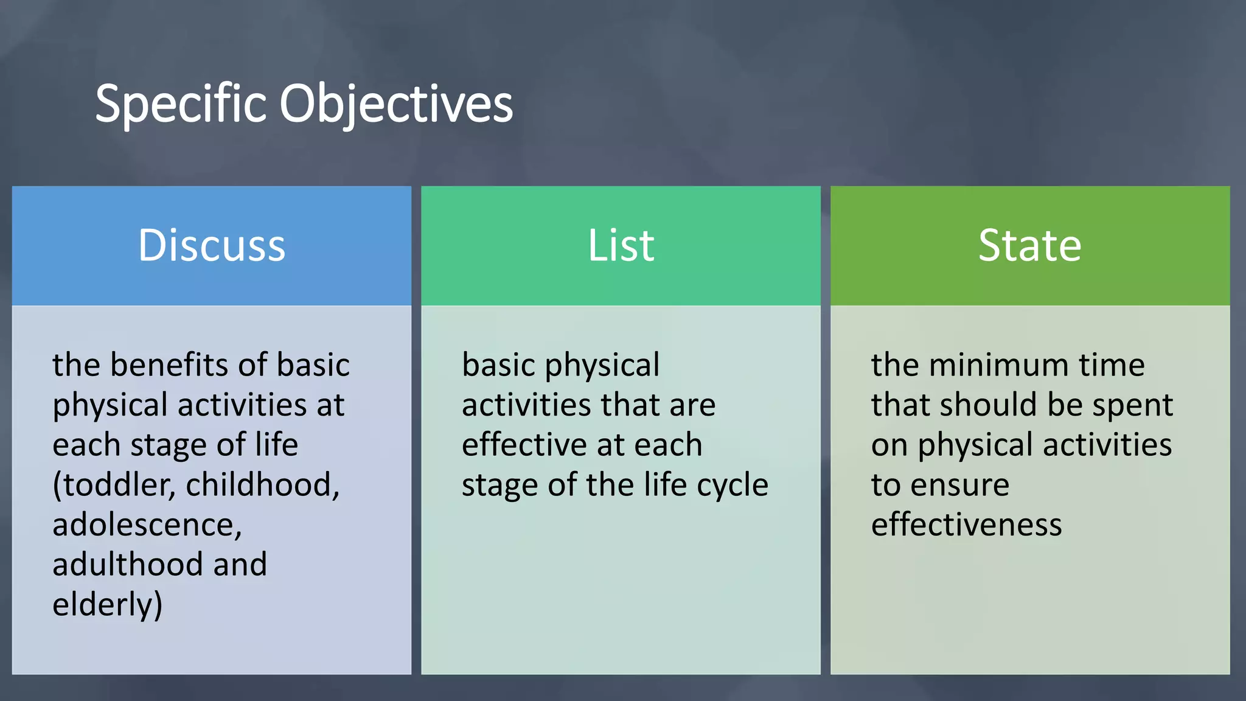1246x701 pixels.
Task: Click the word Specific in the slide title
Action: (181, 105)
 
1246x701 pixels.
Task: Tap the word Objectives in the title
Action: (396, 105)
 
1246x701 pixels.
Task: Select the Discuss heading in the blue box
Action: (212, 245)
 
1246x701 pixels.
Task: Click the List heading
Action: (621, 245)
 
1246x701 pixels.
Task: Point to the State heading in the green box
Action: (1030, 245)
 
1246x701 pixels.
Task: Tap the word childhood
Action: (262, 485)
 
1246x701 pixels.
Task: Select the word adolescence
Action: (147, 525)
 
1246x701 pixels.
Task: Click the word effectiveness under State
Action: (966, 525)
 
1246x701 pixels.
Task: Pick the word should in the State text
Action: (986, 405)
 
